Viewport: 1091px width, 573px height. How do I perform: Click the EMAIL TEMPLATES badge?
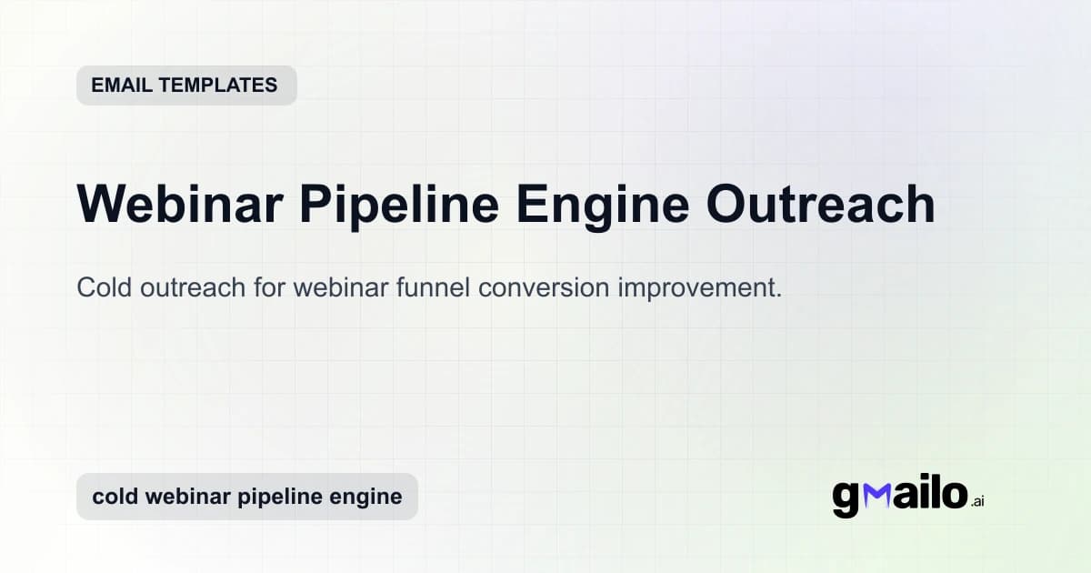[x=186, y=85]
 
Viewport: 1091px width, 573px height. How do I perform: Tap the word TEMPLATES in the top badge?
[x=217, y=85]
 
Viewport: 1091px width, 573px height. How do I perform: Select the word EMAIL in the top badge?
[x=121, y=85]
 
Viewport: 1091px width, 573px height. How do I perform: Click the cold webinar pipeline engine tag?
[x=246, y=497]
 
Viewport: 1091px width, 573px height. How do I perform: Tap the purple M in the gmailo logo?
[x=877, y=495]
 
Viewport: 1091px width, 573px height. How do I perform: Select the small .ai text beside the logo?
[x=977, y=501]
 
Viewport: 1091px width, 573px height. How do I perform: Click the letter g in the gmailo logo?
[x=846, y=498]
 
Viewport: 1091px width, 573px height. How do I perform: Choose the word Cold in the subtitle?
[x=102, y=287]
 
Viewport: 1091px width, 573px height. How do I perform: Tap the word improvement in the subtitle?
[x=700, y=287]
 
